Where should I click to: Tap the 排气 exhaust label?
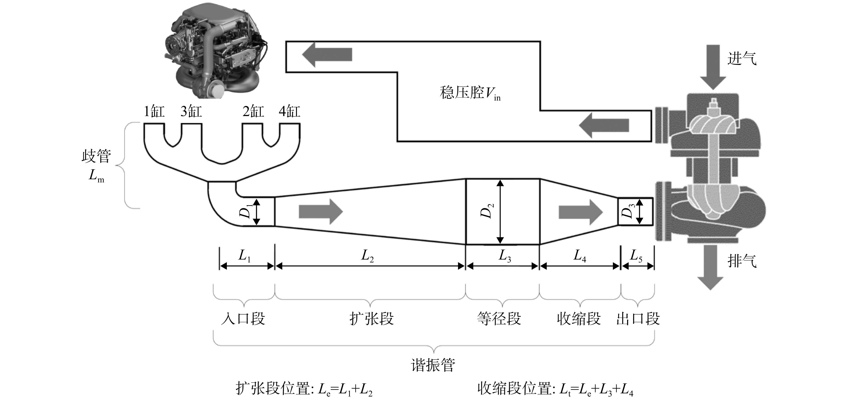click(x=742, y=261)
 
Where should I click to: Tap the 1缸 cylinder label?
click(x=154, y=112)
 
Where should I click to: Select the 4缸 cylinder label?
click(x=289, y=112)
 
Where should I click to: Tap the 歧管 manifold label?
click(x=96, y=157)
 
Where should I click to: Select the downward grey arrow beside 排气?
click(x=711, y=268)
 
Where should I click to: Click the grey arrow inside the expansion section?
click(x=321, y=211)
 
